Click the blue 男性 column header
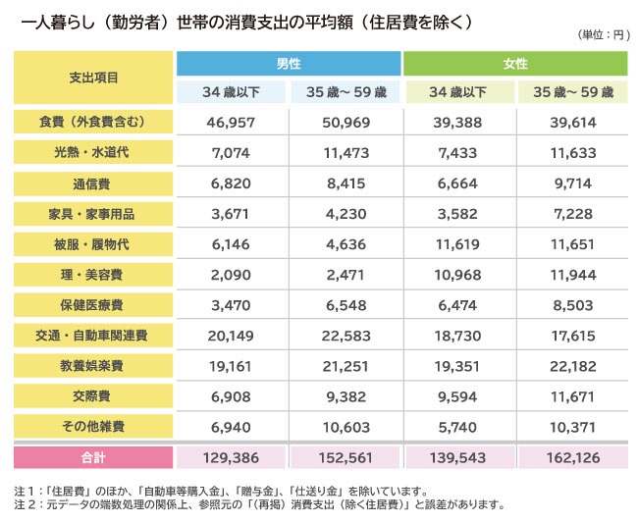click(x=288, y=63)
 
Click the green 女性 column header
click(x=514, y=63)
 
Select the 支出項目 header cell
click(x=94, y=77)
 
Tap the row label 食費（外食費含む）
click(x=94, y=122)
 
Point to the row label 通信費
click(x=94, y=183)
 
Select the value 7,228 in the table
click(x=572, y=214)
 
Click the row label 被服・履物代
click(x=94, y=244)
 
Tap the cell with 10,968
click(x=458, y=275)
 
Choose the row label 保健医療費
click(x=94, y=305)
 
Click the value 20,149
click(x=231, y=336)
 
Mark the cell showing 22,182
click(x=572, y=366)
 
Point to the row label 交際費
click(x=94, y=396)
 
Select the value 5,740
click(x=458, y=427)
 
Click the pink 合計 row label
click(x=94, y=457)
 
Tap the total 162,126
click(x=572, y=457)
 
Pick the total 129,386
click(x=231, y=457)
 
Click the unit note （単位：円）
click(x=598, y=35)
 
